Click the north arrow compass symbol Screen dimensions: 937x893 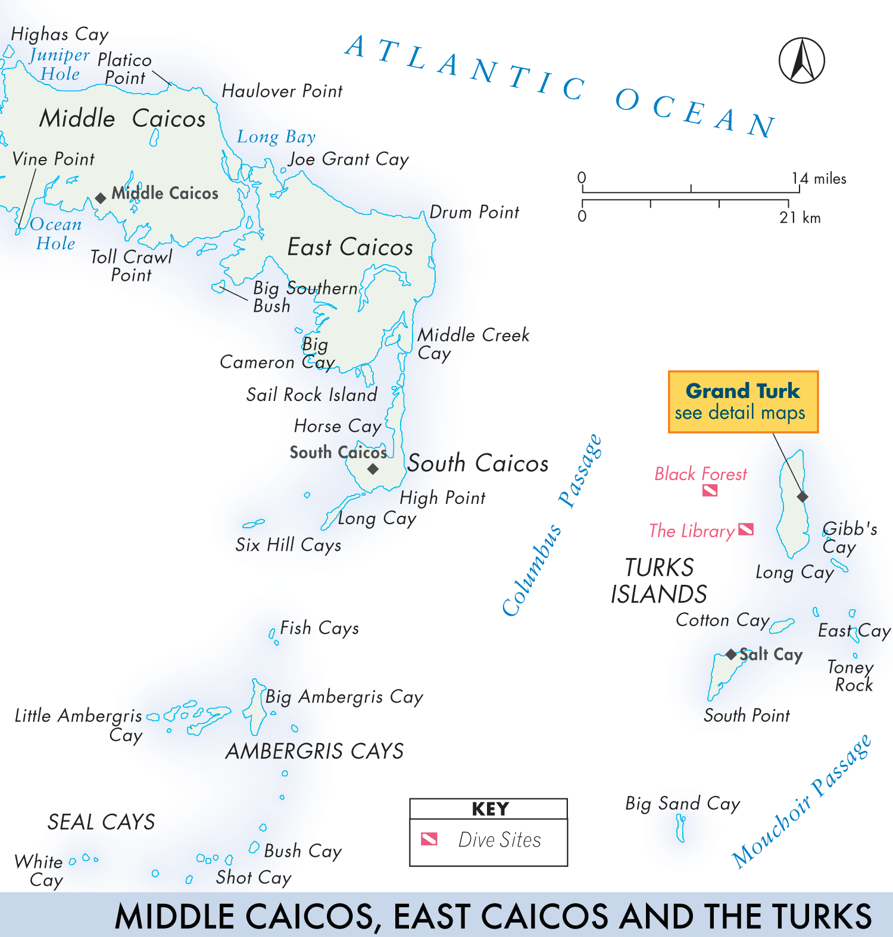point(801,61)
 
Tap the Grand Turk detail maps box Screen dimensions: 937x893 point(743,402)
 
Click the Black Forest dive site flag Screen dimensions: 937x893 point(710,491)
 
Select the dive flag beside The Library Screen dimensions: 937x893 point(746,529)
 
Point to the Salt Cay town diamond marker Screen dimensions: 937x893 point(731,654)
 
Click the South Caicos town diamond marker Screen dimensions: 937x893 point(373,469)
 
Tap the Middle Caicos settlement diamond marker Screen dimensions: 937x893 point(101,198)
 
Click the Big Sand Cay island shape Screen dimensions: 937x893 point(680,828)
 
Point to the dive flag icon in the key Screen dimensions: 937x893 point(429,839)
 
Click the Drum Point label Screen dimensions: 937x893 point(474,212)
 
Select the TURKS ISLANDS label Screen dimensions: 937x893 point(658,581)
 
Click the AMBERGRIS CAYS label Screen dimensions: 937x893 point(314,751)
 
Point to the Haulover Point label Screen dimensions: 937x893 point(282,91)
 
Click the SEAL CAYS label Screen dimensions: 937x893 point(101,822)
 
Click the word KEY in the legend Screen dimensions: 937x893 point(490,809)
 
